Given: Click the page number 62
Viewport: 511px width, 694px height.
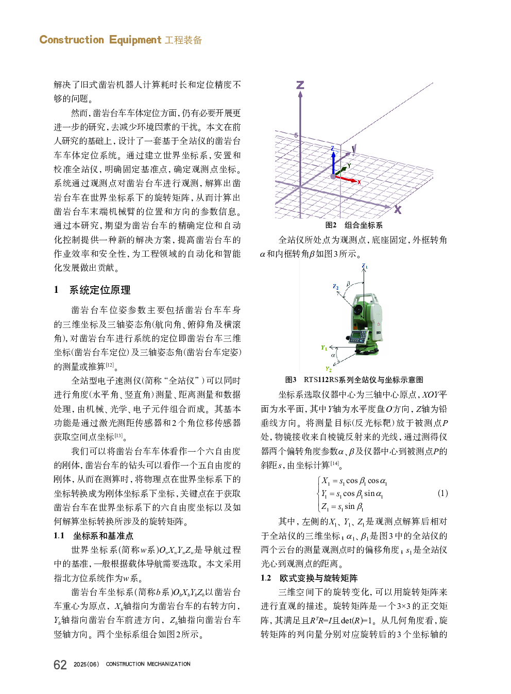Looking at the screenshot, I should tap(60, 665).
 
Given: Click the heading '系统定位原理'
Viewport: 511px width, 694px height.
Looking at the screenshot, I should tap(100, 290).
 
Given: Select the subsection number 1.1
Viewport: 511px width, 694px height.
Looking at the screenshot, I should tap(59, 536).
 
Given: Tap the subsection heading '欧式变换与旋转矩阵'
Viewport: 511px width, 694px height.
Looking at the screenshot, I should tap(318, 578).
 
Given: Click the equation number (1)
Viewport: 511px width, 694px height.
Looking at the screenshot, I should tap(442, 493).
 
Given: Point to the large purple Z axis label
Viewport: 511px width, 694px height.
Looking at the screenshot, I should tap(300, 85).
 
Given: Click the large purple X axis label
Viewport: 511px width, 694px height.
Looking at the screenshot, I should tap(398, 209).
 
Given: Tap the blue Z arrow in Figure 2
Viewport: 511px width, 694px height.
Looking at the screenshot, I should tap(333, 162).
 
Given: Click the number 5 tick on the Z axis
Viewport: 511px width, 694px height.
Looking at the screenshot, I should tap(296, 136).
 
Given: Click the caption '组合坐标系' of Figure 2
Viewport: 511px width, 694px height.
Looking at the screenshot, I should tap(363, 225).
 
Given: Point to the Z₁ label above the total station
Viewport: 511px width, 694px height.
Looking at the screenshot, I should tap(365, 267).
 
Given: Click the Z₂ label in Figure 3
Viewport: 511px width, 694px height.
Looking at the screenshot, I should tap(336, 287).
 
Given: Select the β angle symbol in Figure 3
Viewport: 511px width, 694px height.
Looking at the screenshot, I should tap(348, 284).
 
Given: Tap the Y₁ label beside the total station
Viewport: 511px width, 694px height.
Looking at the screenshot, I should tap(324, 348).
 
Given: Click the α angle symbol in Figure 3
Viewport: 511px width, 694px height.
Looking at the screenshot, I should tap(333, 355).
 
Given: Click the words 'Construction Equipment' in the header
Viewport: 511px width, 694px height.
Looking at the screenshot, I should tap(100, 40).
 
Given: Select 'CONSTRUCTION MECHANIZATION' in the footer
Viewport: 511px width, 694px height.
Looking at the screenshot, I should tap(148, 664).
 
